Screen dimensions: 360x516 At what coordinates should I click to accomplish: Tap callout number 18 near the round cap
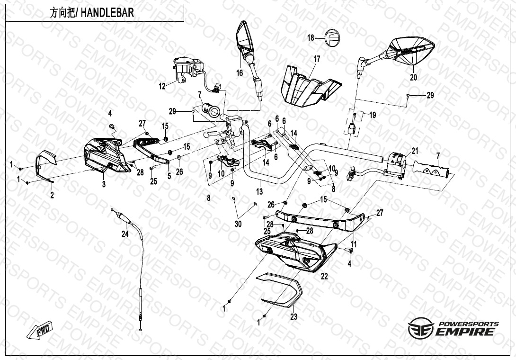(311, 38)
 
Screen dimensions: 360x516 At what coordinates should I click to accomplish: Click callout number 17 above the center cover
(317, 59)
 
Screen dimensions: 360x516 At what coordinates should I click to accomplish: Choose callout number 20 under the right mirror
(413, 78)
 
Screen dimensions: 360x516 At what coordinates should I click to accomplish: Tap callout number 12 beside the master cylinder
(162, 86)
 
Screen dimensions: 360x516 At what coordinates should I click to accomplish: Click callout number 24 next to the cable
(125, 234)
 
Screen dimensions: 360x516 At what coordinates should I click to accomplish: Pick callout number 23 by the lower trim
(294, 317)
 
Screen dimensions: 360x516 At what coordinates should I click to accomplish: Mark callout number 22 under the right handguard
(324, 276)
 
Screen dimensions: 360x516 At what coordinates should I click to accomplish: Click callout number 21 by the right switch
(415, 151)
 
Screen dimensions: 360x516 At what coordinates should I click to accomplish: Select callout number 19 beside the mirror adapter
(373, 115)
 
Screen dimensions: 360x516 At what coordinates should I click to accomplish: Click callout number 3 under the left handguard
(103, 184)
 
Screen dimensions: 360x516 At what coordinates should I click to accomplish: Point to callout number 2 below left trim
(52, 195)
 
